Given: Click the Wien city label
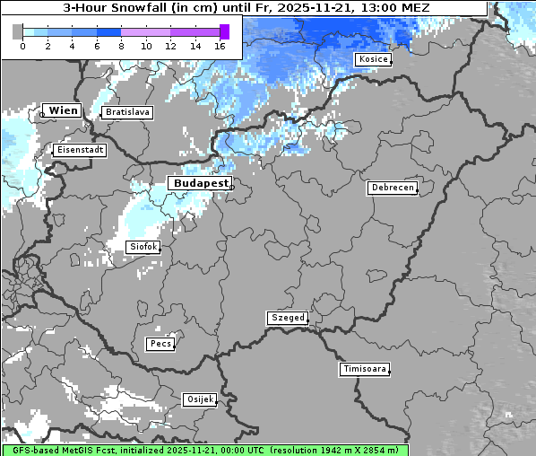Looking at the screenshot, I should pos(63,110).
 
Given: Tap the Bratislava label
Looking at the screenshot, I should pos(126,112).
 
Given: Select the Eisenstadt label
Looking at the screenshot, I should pos(80,151).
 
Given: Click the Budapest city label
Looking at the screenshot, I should pos(200,182).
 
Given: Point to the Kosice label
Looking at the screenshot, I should pos(372,59).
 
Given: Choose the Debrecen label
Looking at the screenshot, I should pos(392,188).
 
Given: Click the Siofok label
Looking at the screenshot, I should pos(143,246).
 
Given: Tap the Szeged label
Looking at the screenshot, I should pos(288,318).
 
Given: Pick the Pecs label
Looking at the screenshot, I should pos(160,344).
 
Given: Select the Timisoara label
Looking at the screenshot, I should pos(365,369).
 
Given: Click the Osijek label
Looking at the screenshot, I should pos(199,399).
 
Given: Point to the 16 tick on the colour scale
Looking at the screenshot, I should pos(220,45).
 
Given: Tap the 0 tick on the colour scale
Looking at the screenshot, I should pos(22,45).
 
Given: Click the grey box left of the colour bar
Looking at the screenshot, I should pos(17,31).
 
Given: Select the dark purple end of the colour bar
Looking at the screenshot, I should pos(224,31).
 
